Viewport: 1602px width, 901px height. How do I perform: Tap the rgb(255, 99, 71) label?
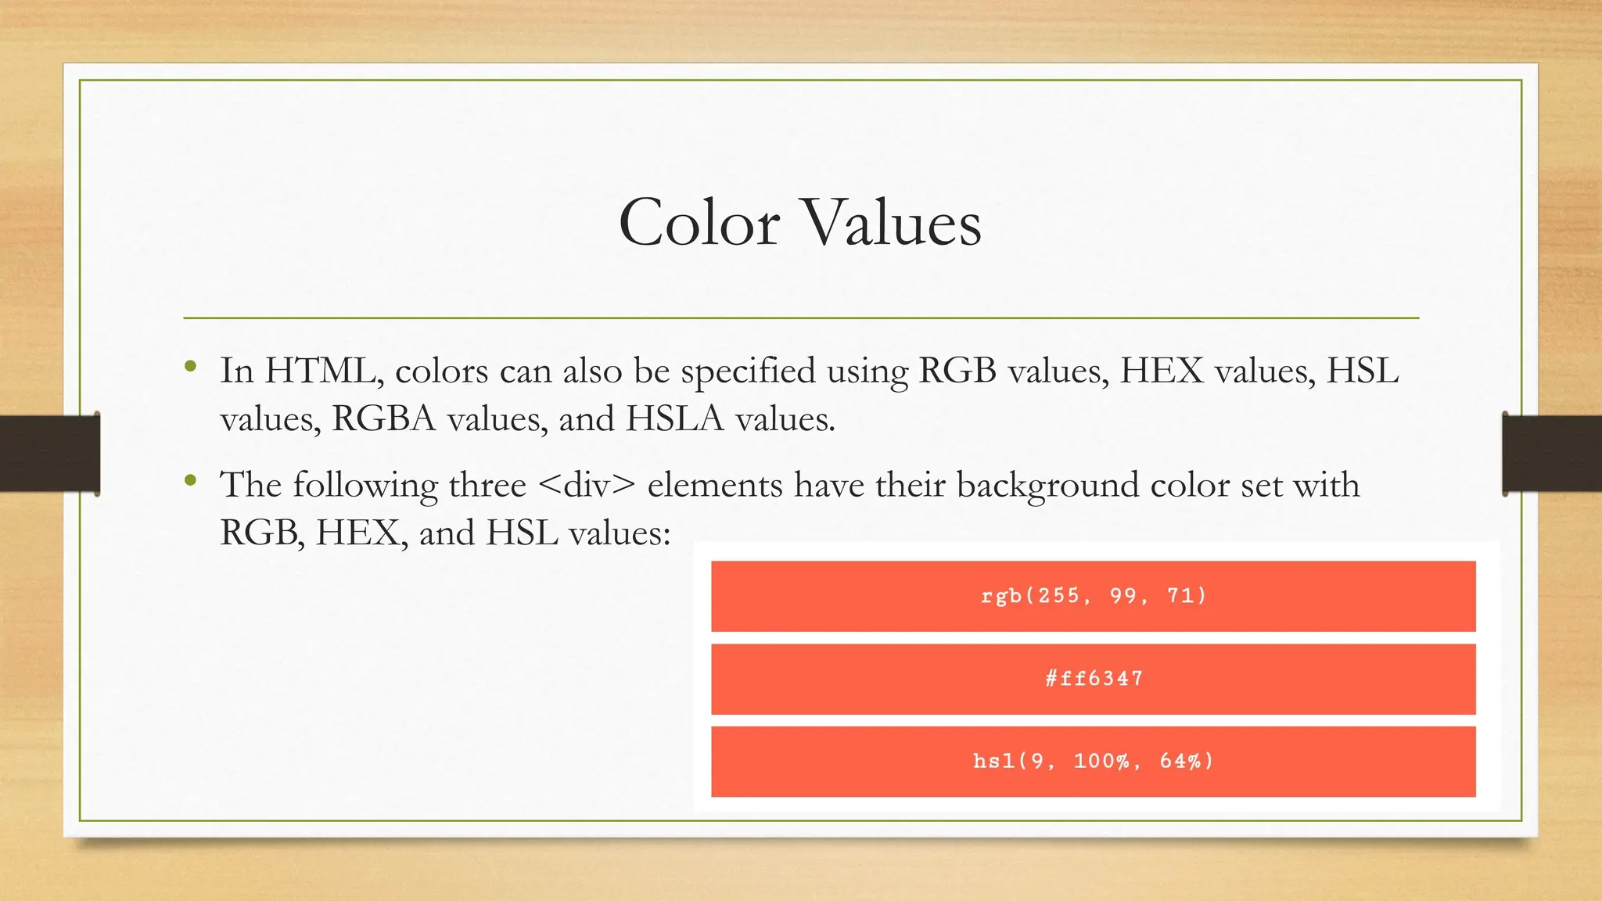(1094, 596)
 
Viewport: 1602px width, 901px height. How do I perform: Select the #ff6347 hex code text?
(1094, 678)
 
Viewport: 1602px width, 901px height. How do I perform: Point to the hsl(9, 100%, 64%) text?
(1094, 761)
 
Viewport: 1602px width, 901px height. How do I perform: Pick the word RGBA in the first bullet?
(383, 419)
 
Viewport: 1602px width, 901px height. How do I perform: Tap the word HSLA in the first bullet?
(675, 419)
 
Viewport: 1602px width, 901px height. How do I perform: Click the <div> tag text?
(587, 485)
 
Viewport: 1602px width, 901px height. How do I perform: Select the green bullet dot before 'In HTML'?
(191, 366)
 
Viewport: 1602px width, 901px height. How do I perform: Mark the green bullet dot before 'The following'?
(191, 480)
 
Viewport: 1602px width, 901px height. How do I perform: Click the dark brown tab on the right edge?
(1552, 454)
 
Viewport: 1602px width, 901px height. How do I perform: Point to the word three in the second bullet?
(487, 485)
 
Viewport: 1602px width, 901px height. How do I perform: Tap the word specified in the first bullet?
(748, 372)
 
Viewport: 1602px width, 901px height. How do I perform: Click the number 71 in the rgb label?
(1181, 596)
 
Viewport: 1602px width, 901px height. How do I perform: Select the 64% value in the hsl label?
(1180, 761)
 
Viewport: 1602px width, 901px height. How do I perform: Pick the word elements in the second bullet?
(715, 485)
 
